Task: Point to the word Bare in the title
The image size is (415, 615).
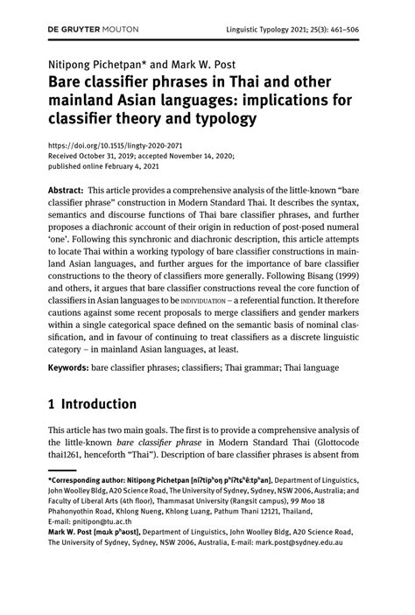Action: (66, 81)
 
